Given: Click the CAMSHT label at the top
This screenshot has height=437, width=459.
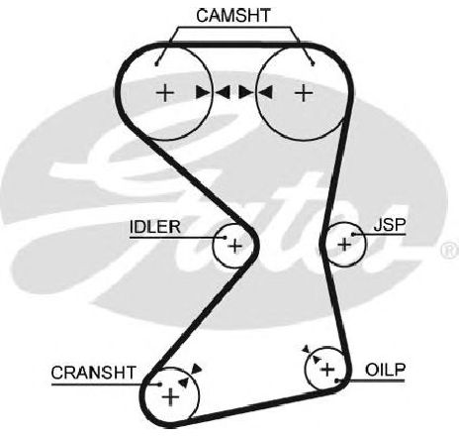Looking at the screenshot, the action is (233, 16).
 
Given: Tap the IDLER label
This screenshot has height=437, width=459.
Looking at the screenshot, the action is (155, 227).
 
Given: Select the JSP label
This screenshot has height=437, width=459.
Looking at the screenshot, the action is (390, 225).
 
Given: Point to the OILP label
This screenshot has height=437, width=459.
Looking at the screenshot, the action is (385, 370).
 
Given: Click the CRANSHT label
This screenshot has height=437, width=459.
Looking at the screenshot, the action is (94, 373).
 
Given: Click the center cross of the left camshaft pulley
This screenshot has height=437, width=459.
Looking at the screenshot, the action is (165, 93).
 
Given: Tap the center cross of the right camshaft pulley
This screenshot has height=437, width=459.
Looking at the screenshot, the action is (304, 92).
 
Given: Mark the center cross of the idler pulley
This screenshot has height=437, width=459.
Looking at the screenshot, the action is (235, 246).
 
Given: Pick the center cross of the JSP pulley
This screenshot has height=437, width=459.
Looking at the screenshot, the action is (344, 245).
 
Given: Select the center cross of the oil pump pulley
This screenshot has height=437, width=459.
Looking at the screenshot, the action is (327, 370).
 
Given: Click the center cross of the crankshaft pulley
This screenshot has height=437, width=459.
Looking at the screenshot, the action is (170, 396).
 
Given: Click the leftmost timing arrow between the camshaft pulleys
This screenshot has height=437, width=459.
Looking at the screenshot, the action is (203, 92).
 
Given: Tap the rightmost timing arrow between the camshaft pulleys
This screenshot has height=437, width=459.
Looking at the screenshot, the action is (266, 92).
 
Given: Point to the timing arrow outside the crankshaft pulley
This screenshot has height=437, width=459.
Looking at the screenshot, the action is (197, 369).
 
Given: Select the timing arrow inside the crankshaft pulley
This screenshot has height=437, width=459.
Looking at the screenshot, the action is (184, 382).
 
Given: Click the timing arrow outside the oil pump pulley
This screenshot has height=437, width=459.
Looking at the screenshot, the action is (307, 349).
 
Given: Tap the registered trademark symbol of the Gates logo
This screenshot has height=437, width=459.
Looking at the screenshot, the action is (450, 250).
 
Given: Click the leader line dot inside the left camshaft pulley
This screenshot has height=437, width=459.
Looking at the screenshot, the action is (156, 64).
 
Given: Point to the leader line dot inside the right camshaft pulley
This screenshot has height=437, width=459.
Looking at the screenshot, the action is (313, 64).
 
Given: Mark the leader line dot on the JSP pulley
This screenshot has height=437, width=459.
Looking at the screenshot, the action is (353, 235).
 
